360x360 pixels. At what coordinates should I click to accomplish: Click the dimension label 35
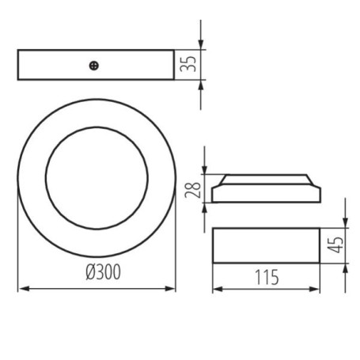(188, 64)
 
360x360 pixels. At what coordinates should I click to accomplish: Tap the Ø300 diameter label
(104, 272)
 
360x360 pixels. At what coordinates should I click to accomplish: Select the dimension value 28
(193, 190)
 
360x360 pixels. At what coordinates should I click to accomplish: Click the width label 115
(267, 277)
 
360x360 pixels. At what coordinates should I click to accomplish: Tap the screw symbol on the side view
(94, 66)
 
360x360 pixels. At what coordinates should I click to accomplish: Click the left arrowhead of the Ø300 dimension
(24, 289)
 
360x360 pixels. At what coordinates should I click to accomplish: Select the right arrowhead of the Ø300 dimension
(169, 289)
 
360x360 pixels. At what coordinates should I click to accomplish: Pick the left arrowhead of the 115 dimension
(218, 290)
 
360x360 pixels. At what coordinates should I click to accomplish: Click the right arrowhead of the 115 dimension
(314, 290)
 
